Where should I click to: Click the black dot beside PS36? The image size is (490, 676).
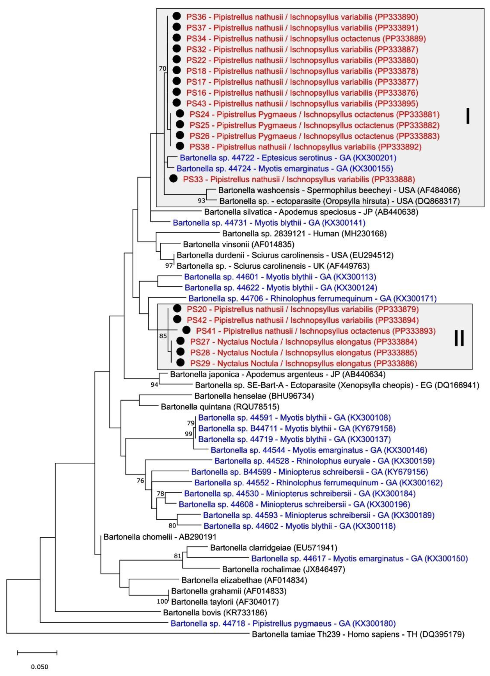[177, 16]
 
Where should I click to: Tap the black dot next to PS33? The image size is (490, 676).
[173, 179]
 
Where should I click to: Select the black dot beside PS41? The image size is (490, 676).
[186, 330]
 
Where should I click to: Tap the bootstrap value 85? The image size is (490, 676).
[163, 336]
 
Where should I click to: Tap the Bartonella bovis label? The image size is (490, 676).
[215, 613]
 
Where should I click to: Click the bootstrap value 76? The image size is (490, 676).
[140, 480]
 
